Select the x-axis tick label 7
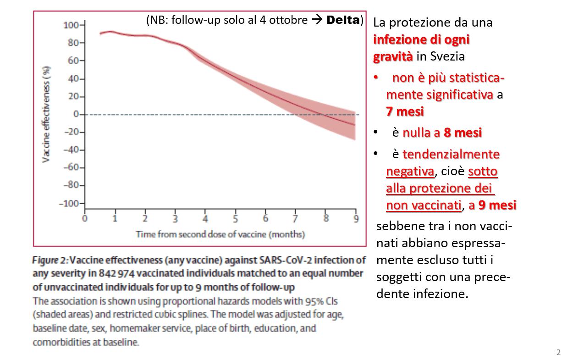(296, 218)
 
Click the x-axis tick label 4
(205, 218)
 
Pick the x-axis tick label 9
(355, 218)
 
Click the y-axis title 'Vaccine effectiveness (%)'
(46, 114)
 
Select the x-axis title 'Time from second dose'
(220, 234)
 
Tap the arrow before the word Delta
(316, 21)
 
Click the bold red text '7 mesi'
(405, 111)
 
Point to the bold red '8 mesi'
(463, 133)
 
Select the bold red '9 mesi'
(497, 205)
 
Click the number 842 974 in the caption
(125, 274)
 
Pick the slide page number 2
(558, 352)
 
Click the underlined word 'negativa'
(410, 171)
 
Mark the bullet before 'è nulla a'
(375, 133)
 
